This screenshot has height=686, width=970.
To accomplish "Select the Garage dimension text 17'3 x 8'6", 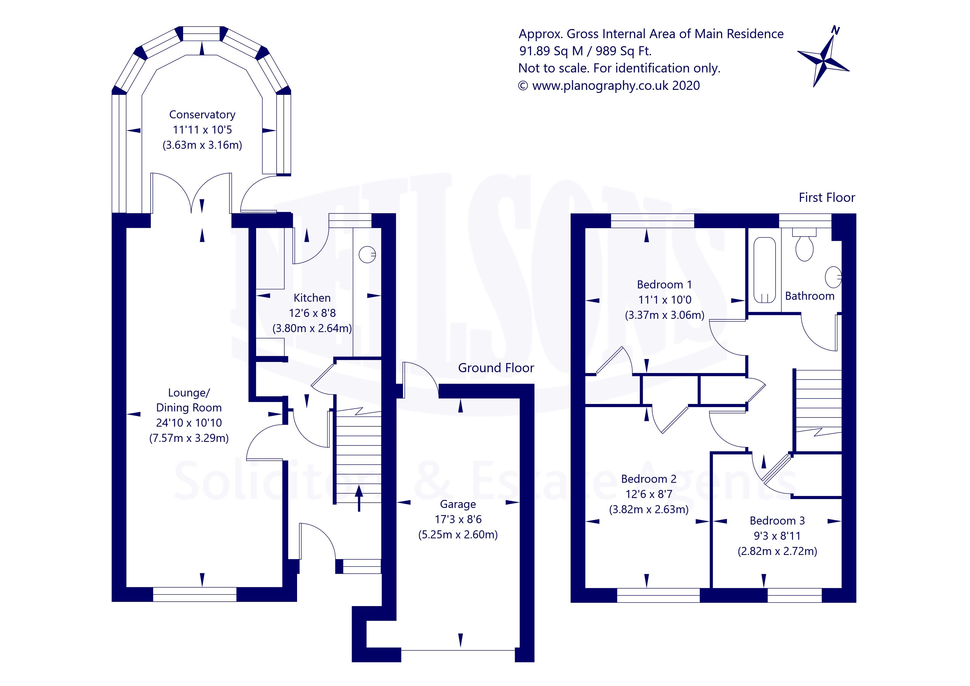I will click(x=458, y=519).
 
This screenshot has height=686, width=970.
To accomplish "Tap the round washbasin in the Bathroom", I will click(x=833, y=277).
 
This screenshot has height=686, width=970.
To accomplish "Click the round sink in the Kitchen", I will click(x=367, y=254).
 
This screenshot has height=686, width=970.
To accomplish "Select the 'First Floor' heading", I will click(x=826, y=198).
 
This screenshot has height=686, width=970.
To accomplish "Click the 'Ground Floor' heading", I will click(x=496, y=368).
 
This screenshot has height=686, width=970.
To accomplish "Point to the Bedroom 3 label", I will click(x=777, y=521).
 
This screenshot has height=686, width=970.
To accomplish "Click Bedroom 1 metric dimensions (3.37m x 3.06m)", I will click(x=665, y=315).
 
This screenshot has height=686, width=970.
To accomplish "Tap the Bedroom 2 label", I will click(x=649, y=479).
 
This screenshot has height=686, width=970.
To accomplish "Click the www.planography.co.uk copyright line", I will click(x=609, y=86).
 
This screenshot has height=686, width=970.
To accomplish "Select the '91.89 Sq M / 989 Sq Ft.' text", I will click(x=585, y=51).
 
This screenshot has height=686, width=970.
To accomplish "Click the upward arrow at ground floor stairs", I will click(x=359, y=499).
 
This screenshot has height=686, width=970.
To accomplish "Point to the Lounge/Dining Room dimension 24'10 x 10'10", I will click(x=189, y=423).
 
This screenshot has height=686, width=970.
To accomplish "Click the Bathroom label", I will click(x=810, y=296).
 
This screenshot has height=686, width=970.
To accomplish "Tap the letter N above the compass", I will click(x=835, y=30).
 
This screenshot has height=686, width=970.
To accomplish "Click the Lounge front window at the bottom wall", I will click(x=194, y=594).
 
